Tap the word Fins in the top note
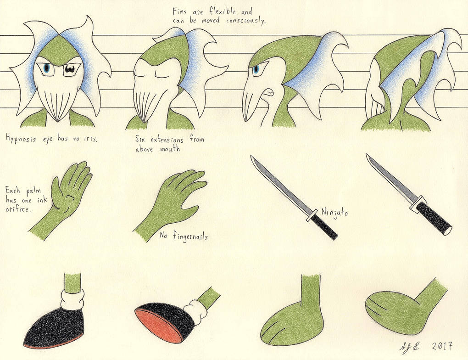click(180, 11)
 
